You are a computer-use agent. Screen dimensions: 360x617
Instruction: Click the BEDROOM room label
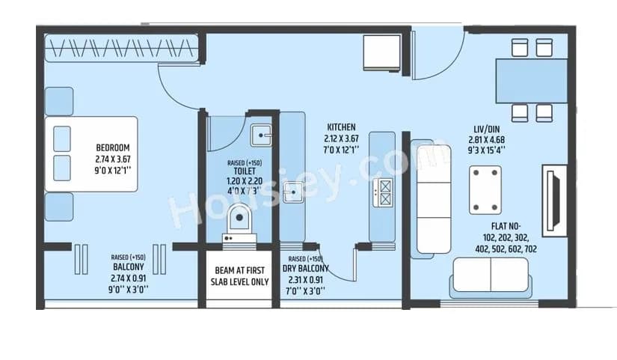coord(113,147)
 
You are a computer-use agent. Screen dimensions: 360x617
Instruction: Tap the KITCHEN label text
coord(341,127)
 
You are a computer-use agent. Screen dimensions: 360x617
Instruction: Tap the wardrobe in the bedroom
coord(121,49)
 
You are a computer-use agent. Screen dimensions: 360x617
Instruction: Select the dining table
coord(532,80)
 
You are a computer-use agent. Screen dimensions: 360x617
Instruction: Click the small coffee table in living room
coord(485,190)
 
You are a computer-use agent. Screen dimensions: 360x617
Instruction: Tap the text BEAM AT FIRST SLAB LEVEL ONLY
coord(239,275)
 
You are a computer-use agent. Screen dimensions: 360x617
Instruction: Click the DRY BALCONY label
coord(306,268)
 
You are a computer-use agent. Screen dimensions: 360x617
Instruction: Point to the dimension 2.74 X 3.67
coord(113,159)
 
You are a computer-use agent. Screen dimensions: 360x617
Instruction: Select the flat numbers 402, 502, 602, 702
coord(505,248)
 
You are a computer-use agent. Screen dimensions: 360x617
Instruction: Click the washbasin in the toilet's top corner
coord(262,135)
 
